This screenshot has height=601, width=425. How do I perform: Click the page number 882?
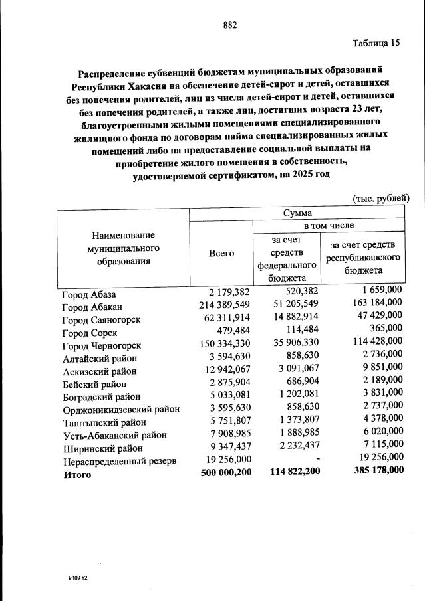[230, 25]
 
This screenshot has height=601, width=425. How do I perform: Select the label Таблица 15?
[376, 43]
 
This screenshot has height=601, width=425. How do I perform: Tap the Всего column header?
[221, 254]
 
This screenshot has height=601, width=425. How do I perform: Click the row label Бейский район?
[94, 384]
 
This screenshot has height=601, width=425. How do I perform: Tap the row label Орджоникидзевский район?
[120, 409]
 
